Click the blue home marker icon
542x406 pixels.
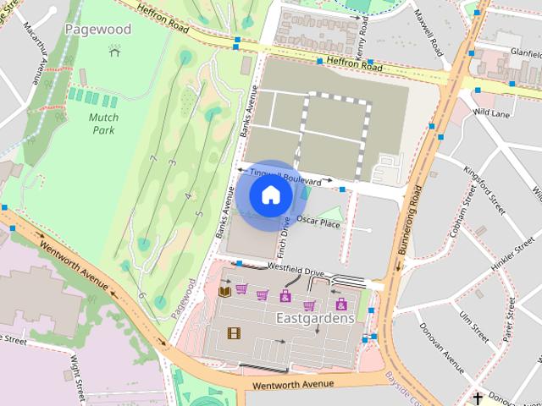point(270,195)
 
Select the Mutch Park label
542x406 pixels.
point(104,124)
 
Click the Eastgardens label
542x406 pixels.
point(315,319)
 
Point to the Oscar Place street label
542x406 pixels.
point(318,224)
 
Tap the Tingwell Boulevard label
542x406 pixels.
point(285,176)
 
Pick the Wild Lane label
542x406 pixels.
point(492,112)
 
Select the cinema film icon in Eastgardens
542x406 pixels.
point(234,332)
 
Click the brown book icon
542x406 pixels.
point(224,292)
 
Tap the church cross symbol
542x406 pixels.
point(478,398)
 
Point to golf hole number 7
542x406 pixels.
point(153,159)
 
